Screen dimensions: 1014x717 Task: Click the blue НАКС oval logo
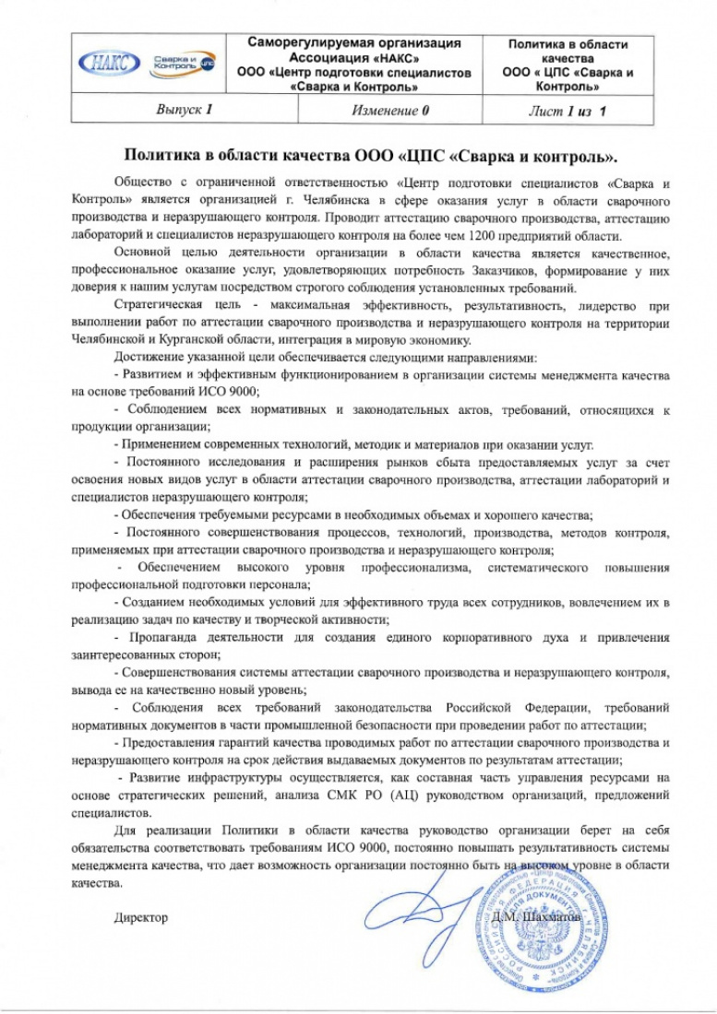click(113, 65)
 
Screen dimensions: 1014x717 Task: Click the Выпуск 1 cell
click(185, 110)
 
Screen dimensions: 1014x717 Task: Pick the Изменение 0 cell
click(391, 110)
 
